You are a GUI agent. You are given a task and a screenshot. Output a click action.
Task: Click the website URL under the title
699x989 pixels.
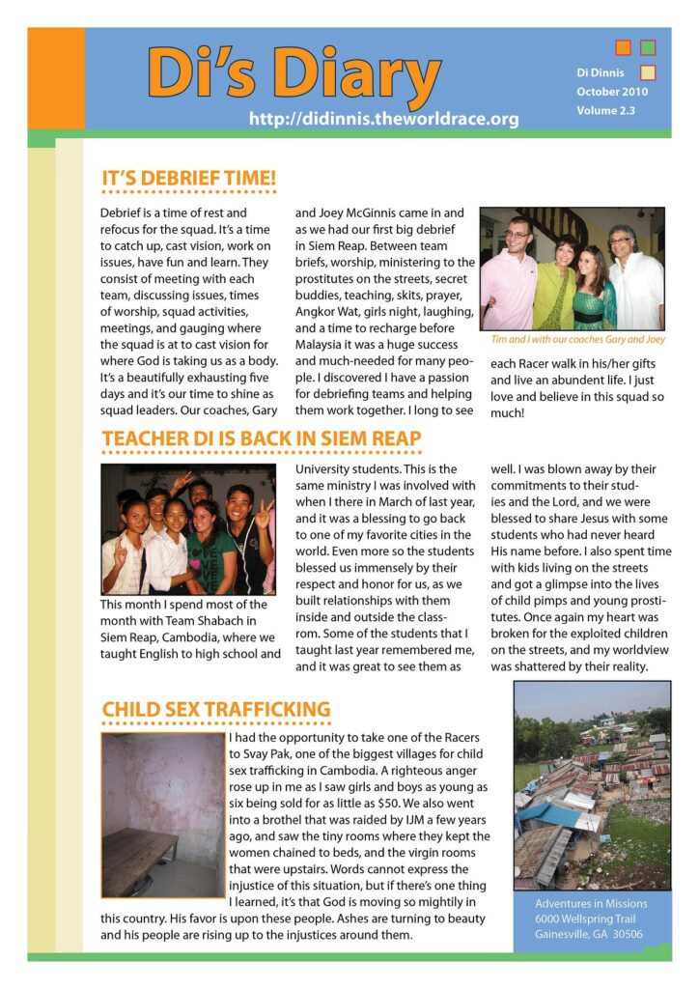[x=383, y=119]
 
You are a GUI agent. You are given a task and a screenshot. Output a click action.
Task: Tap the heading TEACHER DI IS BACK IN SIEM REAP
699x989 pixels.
[x=262, y=439]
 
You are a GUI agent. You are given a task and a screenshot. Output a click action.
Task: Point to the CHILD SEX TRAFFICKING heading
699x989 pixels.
[x=216, y=710]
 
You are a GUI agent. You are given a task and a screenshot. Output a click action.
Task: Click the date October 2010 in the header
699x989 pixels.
[x=612, y=92]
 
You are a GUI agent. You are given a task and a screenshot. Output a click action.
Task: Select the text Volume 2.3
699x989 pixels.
[x=606, y=111]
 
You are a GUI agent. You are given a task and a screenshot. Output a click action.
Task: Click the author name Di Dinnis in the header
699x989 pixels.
[x=601, y=72]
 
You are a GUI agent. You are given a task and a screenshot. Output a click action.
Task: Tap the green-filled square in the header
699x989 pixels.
[x=648, y=47]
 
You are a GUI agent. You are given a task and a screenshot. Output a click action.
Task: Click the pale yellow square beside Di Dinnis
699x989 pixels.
[x=648, y=72]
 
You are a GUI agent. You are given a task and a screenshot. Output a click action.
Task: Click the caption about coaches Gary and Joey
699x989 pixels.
[x=577, y=339]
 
